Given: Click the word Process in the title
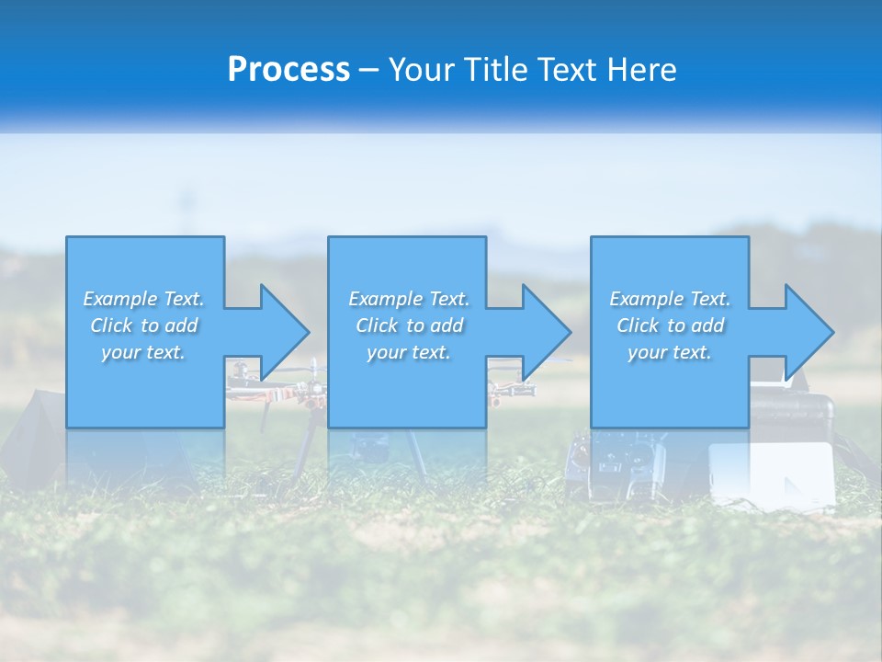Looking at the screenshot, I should point(288,70).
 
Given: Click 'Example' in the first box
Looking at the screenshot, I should point(120,299).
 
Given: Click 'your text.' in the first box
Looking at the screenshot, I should point(143,352).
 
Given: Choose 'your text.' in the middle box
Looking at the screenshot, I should point(409,352).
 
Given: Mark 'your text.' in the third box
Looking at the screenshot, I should point(670,352).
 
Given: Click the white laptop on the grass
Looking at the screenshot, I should point(772,474).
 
